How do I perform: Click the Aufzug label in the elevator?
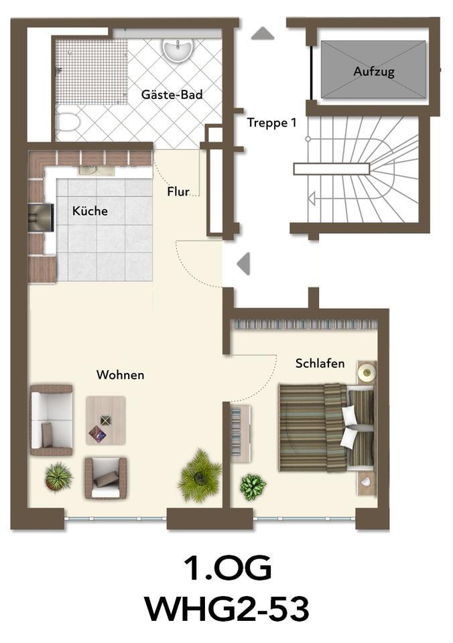tap(374, 71)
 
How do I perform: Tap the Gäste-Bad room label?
tap(172, 94)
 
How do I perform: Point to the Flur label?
tap(178, 192)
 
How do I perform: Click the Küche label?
tap(90, 211)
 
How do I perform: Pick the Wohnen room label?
tap(120, 374)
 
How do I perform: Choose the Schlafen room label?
tap(320, 363)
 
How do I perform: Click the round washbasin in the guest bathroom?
tap(178, 49)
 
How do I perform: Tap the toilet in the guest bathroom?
tap(68, 123)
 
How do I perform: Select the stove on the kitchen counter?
tap(41, 217)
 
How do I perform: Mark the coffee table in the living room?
tap(105, 421)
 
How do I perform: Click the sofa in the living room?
tap(51, 420)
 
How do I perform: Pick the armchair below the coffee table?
tap(105, 478)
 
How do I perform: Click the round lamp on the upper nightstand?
tap(366, 372)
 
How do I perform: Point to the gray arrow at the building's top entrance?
tap(262, 33)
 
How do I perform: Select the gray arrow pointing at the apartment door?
tap(244, 263)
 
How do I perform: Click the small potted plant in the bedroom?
tap(253, 486)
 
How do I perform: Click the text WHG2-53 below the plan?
tap(226, 610)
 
